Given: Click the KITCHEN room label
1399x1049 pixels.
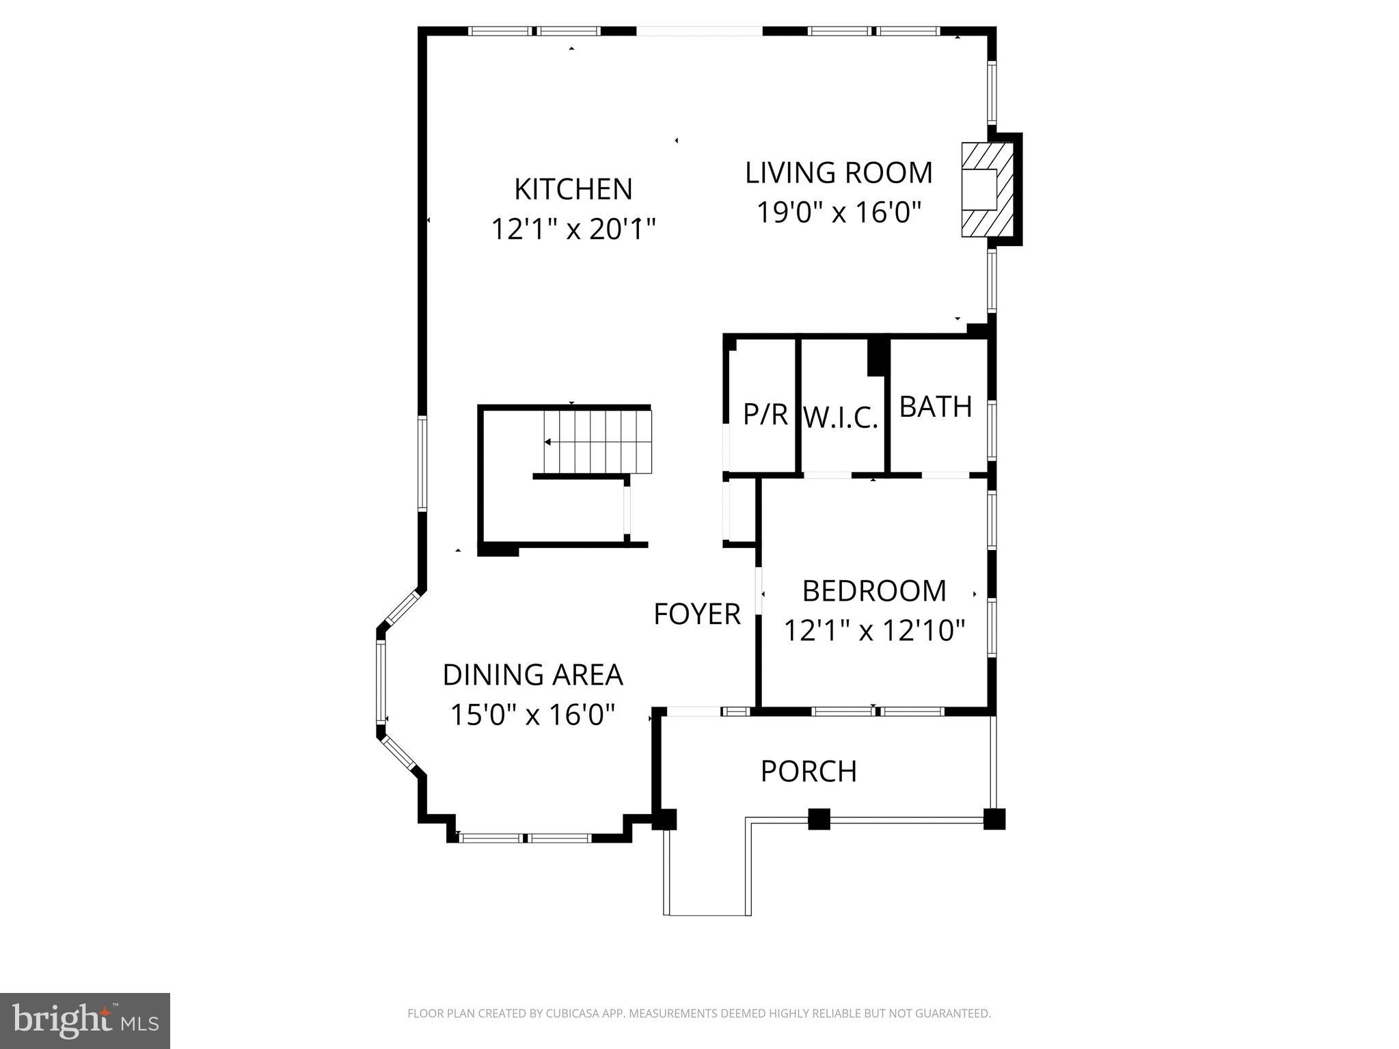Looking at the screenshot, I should (573, 189).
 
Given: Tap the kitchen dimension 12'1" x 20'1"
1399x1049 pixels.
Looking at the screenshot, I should (573, 229).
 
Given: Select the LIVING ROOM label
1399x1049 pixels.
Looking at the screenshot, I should (839, 173).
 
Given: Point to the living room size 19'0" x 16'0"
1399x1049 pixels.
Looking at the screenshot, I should (839, 213).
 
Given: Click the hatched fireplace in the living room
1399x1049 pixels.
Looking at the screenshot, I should (986, 189).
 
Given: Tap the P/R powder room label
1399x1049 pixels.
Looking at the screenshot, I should (765, 414).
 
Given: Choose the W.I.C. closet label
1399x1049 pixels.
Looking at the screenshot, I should (840, 418).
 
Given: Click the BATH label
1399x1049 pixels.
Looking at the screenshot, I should (935, 407).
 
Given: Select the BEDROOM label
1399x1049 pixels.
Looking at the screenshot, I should (873, 591).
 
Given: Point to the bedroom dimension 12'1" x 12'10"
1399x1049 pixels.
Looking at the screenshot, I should (873, 630).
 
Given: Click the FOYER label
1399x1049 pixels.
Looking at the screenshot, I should (696, 614).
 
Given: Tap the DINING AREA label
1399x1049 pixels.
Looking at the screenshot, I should (532, 675).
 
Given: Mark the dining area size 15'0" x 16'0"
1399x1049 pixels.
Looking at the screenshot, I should (532, 715).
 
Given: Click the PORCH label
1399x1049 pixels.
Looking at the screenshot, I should (809, 772).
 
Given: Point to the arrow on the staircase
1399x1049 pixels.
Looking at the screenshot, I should (549, 442).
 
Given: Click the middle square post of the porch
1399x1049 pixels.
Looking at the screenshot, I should (819, 819).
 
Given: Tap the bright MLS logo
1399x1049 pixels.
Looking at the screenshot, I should (85, 1020).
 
